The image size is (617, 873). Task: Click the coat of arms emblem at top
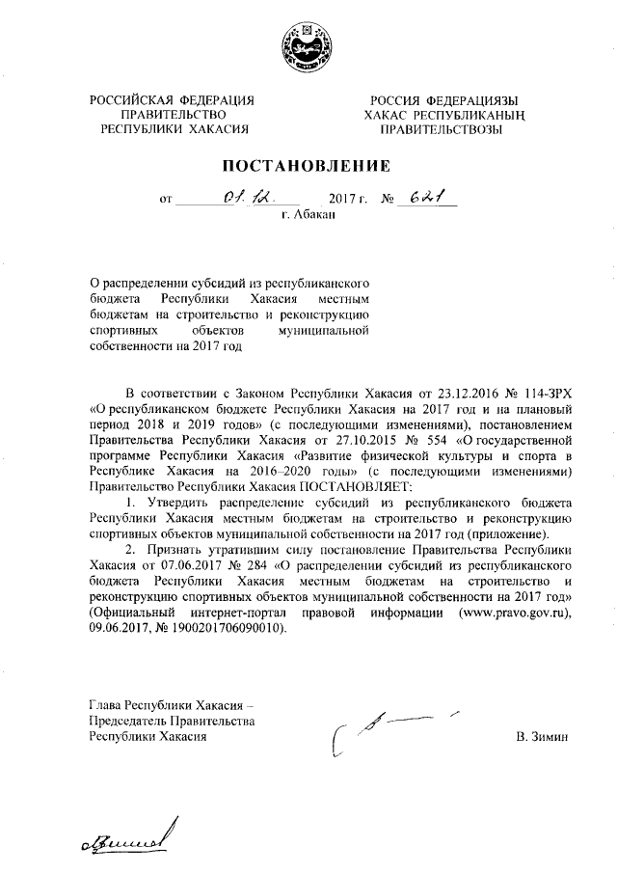[308, 43]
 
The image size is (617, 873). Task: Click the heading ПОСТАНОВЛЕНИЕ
[308, 166]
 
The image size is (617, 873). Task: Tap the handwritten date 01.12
[234, 198]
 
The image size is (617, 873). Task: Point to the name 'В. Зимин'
[544, 737]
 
